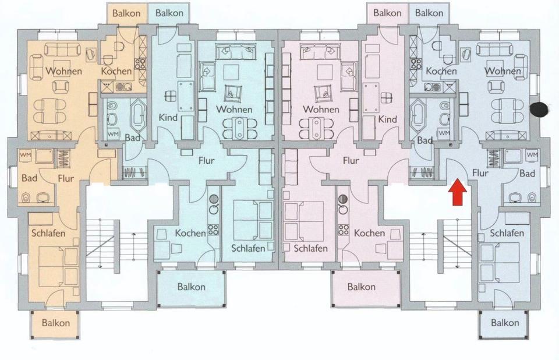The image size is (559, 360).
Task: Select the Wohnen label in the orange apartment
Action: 64,71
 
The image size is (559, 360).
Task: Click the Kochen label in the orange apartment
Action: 116,71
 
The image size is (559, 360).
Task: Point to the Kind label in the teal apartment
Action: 168,118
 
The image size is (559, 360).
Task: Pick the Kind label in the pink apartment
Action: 387,119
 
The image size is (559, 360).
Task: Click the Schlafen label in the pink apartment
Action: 310,248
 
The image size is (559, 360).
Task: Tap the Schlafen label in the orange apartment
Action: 49,234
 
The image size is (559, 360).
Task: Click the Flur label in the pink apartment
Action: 351,161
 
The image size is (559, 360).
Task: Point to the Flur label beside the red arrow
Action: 480,173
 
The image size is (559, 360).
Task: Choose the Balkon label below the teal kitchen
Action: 192,287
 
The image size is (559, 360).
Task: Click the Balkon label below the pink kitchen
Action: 362,287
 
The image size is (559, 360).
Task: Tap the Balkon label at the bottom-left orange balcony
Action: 56,323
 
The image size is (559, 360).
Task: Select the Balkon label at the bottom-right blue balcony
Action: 505,323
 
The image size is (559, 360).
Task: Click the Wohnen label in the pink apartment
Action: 320,110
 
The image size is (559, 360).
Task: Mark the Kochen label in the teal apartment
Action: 190,233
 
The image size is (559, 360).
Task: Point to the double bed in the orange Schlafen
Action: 59,266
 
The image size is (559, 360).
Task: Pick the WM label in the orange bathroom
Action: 25,155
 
